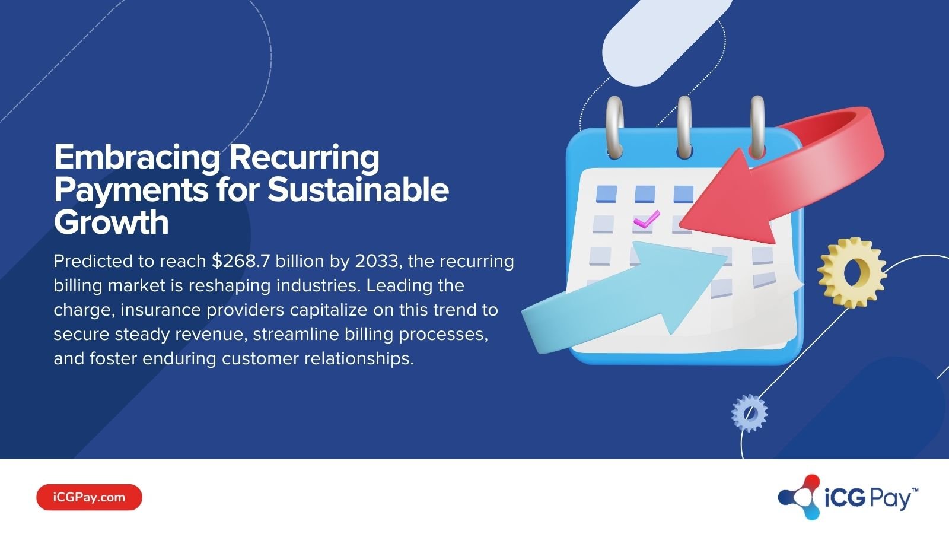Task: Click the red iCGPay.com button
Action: (x=89, y=497)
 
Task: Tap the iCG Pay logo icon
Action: (x=800, y=497)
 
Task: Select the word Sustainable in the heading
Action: (x=358, y=190)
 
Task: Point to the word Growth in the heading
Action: (x=112, y=223)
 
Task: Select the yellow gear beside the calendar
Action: (x=852, y=272)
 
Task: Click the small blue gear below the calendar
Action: (x=749, y=413)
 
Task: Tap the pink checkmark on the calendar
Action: (x=646, y=220)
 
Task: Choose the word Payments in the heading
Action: (x=131, y=190)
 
